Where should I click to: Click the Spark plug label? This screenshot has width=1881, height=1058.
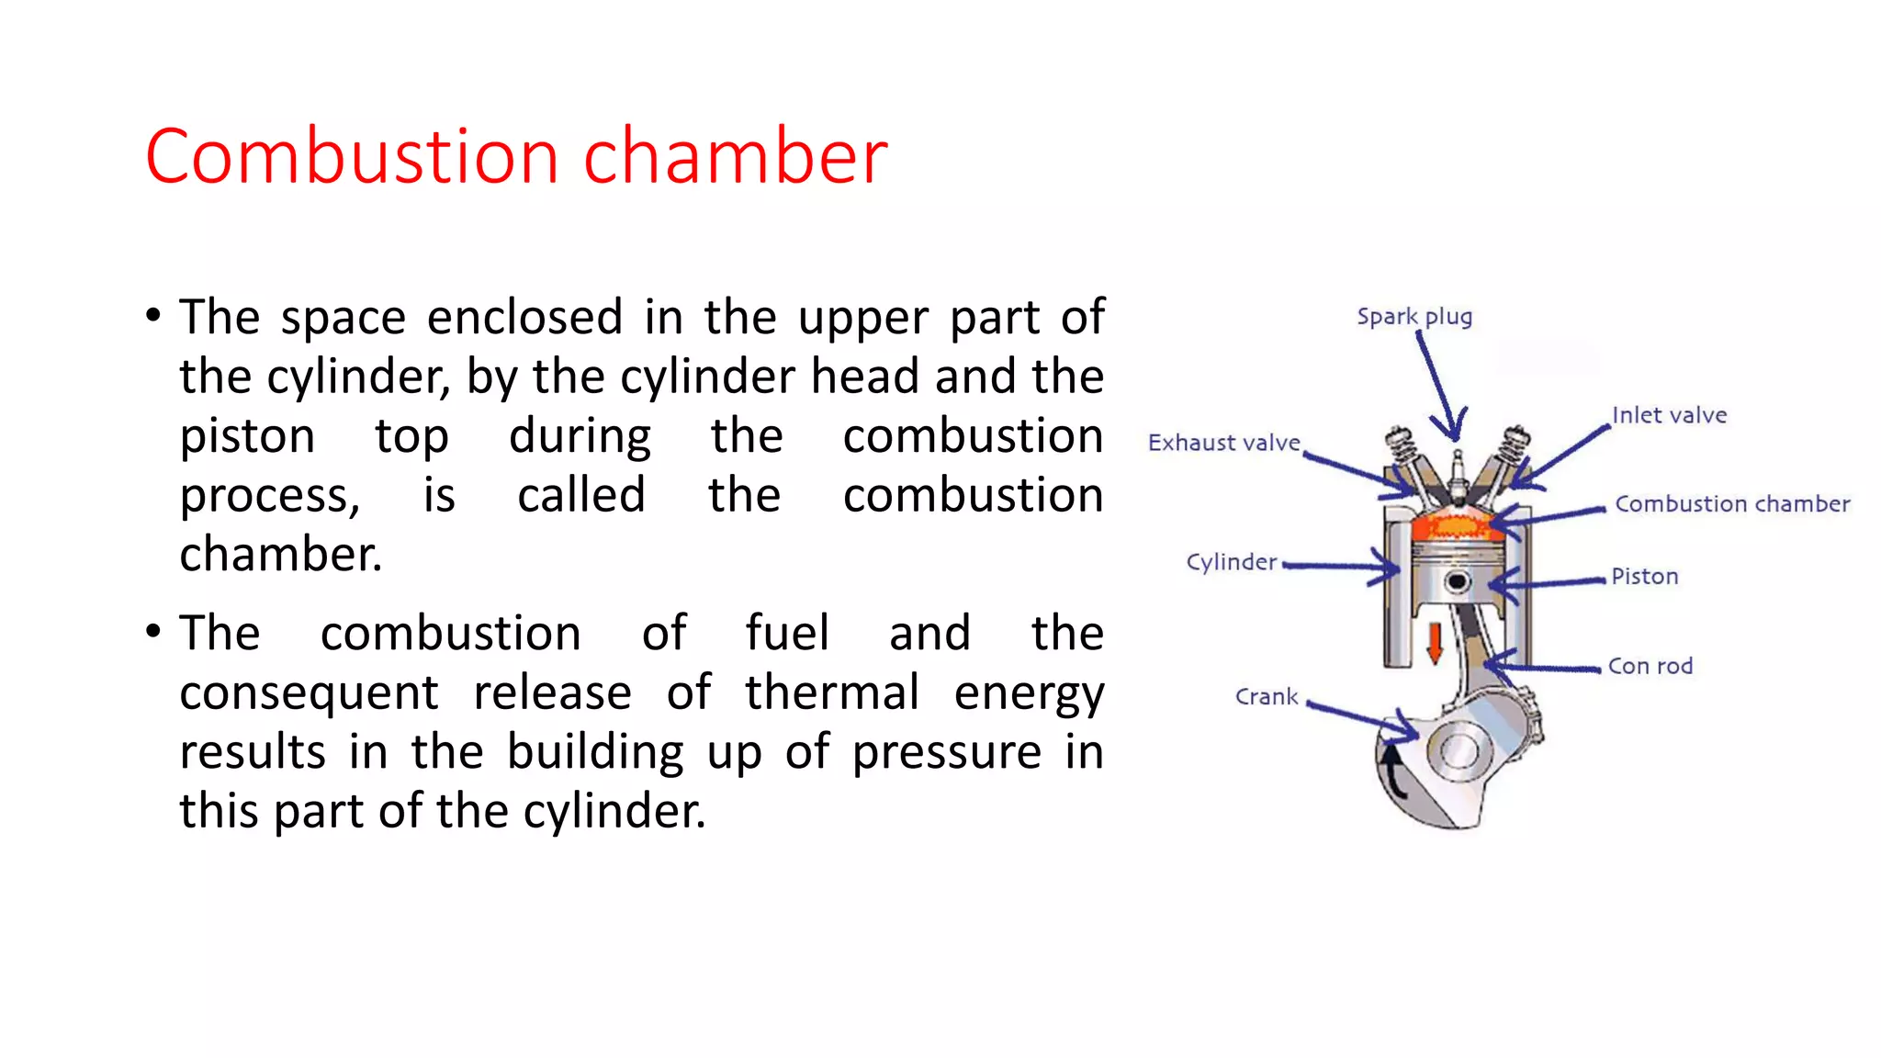point(1414,317)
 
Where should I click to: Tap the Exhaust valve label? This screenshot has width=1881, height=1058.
point(1223,443)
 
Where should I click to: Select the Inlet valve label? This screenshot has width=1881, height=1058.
point(1669,415)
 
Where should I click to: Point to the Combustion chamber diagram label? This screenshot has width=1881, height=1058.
point(1731,504)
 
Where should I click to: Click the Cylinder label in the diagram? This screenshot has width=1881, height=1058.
point(1231,562)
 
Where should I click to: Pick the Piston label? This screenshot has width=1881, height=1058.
point(1644,577)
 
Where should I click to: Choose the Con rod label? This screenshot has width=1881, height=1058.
point(1650,666)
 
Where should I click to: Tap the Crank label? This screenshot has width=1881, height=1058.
point(1266,697)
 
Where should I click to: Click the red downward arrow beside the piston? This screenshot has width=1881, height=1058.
point(1434,643)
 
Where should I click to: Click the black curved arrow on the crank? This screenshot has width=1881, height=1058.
point(1393,771)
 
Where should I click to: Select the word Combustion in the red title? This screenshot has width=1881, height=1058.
point(352,156)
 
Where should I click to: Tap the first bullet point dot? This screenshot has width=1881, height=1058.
point(153,316)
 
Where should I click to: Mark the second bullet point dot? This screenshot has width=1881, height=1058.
point(153,632)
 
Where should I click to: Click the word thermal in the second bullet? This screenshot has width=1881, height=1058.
point(831,692)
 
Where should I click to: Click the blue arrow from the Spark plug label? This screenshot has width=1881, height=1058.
point(1438,386)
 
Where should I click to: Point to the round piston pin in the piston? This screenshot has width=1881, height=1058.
point(1456,581)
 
